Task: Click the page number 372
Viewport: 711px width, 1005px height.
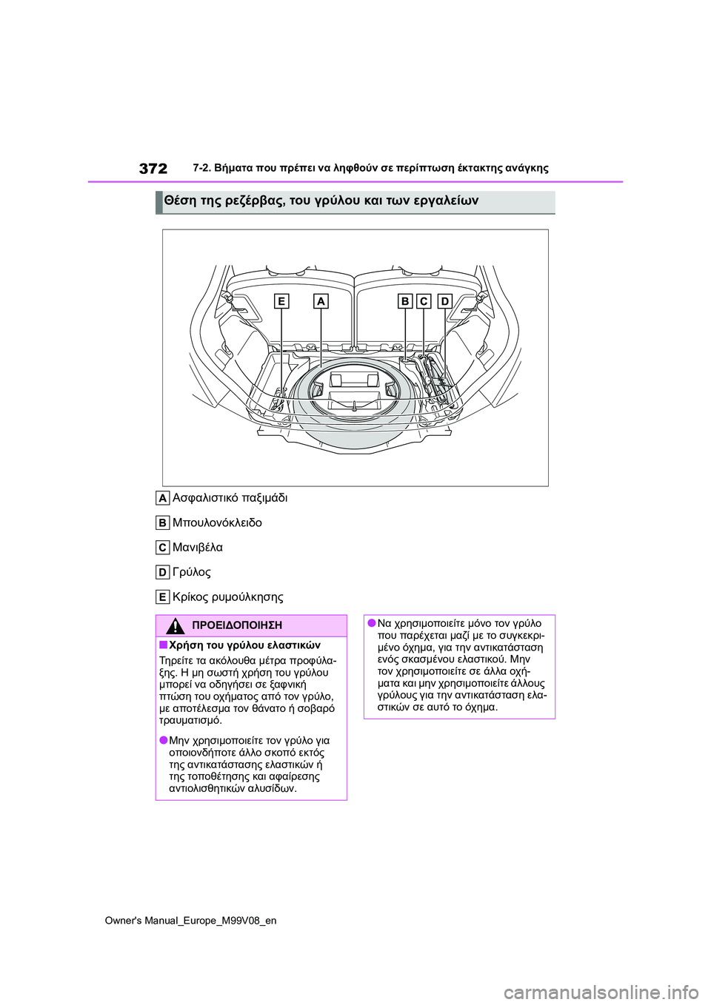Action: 153,168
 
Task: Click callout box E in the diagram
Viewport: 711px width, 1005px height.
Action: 281,301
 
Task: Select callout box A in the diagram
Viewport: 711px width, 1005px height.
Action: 321,301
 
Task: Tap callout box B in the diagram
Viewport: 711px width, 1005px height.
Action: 405,301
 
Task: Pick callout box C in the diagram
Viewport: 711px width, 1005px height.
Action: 424,301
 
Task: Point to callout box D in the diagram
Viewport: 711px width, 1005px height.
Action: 444,301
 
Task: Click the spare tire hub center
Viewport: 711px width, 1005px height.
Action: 355,389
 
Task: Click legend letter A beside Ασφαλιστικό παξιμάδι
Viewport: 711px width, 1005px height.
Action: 162,498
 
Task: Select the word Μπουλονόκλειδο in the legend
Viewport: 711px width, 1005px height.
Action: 217,522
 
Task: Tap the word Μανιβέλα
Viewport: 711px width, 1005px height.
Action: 197,548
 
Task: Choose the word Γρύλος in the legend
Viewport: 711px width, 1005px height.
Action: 191,572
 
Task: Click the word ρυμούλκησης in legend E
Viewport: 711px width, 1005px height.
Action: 247,597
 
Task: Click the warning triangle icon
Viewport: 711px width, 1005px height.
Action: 175,626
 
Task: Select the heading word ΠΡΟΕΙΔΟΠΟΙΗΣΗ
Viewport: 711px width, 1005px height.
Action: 237,626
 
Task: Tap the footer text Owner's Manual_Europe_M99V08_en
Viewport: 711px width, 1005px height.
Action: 190,921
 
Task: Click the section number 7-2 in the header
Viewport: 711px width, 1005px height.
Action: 201,168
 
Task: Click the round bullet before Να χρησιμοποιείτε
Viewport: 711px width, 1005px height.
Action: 371,624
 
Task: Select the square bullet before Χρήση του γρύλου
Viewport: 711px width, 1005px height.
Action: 163,645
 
